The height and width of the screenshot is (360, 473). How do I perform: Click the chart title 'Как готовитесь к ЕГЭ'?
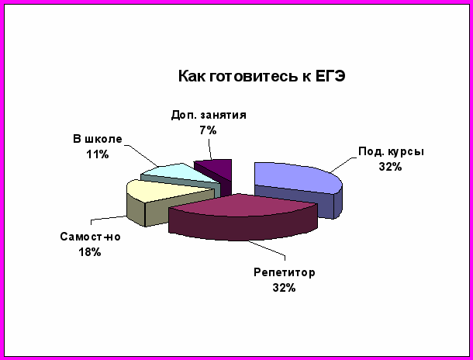click(x=261, y=76)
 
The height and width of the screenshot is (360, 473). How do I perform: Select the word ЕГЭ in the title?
click(x=330, y=76)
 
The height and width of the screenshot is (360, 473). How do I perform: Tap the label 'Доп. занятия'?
click(x=209, y=116)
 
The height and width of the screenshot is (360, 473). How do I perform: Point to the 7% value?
click(x=208, y=130)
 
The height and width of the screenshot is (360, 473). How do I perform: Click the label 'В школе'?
click(x=98, y=140)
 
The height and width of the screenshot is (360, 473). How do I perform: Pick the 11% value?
click(x=98, y=154)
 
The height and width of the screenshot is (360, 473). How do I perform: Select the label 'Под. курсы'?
click(x=391, y=152)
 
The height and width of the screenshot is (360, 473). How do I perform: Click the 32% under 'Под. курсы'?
click(x=390, y=167)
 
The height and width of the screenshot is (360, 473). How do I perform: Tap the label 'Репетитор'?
click(x=284, y=273)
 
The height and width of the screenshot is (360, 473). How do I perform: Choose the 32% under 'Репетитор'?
click(x=284, y=288)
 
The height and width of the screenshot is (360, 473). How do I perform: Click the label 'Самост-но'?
click(x=90, y=237)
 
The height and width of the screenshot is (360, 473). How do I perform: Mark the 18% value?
click(x=90, y=252)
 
